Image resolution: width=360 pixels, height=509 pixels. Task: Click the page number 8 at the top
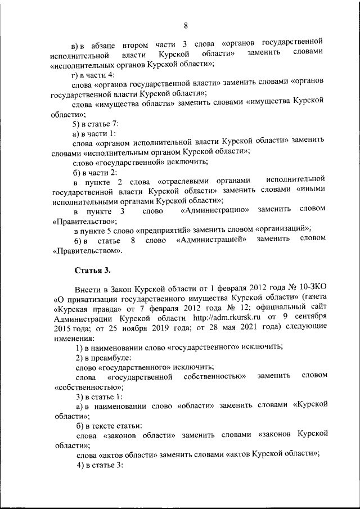point(185,25)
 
